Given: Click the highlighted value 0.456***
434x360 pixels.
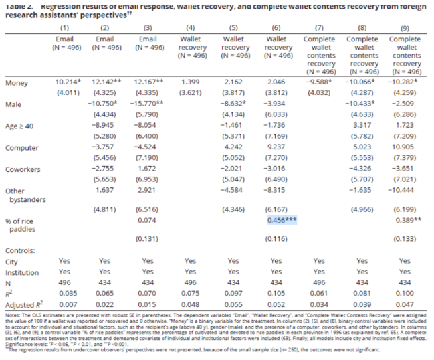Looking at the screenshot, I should [x=282, y=219].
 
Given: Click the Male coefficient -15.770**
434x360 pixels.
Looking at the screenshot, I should [x=150, y=104].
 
